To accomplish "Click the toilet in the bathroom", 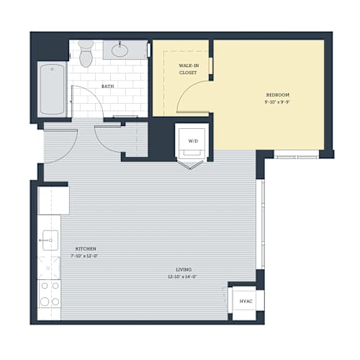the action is tap(86, 53).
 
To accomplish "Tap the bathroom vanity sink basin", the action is tap(120, 50).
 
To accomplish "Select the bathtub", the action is tap(52, 89).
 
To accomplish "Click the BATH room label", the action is tap(107, 86).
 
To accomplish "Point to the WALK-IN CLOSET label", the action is tap(189, 69).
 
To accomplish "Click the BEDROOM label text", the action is tap(278, 95).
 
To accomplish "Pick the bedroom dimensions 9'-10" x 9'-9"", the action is tap(278, 102).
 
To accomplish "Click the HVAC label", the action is tap(246, 301).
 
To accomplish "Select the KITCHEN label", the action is tap(86, 249).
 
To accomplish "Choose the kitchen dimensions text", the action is tap(84, 256).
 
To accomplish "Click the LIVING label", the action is tap(184, 269).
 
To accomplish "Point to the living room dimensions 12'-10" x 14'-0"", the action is tap(182, 276).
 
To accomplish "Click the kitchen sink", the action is tap(50, 240).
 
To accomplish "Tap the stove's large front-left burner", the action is tap(45, 302).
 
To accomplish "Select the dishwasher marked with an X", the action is tap(49, 268).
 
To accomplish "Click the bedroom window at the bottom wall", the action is tap(297, 157).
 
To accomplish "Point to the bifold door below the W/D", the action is tap(190, 165).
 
